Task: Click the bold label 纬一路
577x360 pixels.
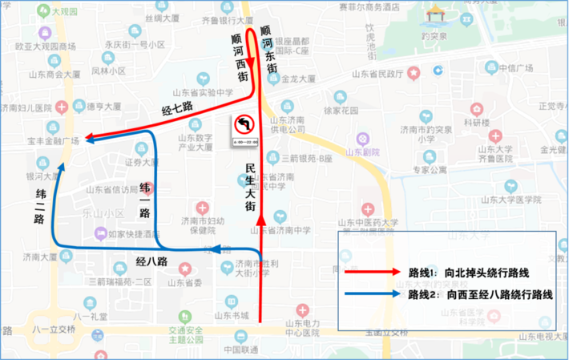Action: click(x=146, y=200)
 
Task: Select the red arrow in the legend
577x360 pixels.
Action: click(x=373, y=271)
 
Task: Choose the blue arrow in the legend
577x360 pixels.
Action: click(x=373, y=294)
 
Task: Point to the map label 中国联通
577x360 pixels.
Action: click(x=240, y=349)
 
